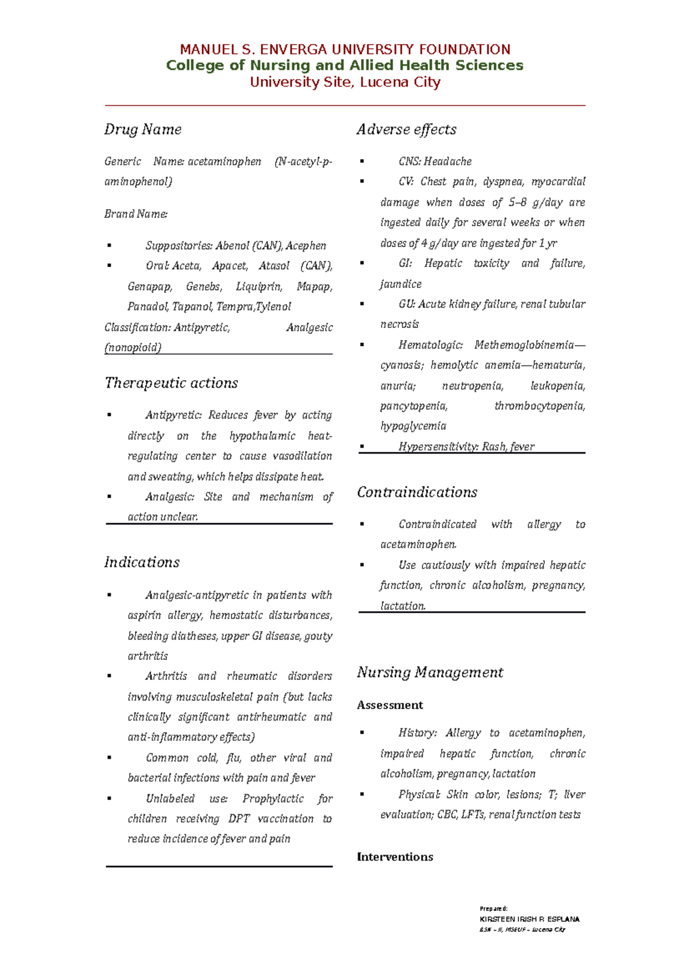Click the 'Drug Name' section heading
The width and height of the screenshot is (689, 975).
click(x=143, y=130)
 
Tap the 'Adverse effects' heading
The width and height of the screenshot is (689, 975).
click(x=407, y=130)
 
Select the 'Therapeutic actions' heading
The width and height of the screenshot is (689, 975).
click(x=171, y=383)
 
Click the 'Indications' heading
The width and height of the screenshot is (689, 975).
click(x=142, y=562)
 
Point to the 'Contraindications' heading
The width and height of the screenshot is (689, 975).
click(x=417, y=492)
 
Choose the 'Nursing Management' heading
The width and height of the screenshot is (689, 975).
click(x=430, y=672)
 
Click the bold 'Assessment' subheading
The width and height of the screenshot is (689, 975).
click(x=390, y=705)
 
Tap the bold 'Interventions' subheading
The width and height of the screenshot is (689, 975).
click(x=395, y=857)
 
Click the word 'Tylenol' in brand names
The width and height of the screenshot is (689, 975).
click(x=273, y=307)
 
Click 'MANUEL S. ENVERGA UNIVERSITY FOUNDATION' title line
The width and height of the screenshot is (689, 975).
click(x=345, y=49)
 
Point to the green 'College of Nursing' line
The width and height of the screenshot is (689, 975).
click(x=344, y=65)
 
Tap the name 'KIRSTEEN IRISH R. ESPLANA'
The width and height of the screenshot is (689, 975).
click(x=529, y=919)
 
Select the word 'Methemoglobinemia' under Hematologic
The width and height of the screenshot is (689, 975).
click(x=524, y=345)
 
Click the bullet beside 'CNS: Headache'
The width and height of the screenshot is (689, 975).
click(x=362, y=162)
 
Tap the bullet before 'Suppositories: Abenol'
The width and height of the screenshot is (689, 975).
click(x=109, y=246)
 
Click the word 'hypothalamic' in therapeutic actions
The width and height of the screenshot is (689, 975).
click(x=262, y=436)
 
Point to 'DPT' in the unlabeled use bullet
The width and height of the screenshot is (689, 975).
click(x=239, y=819)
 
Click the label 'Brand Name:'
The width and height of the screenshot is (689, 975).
click(x=136, y=214)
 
